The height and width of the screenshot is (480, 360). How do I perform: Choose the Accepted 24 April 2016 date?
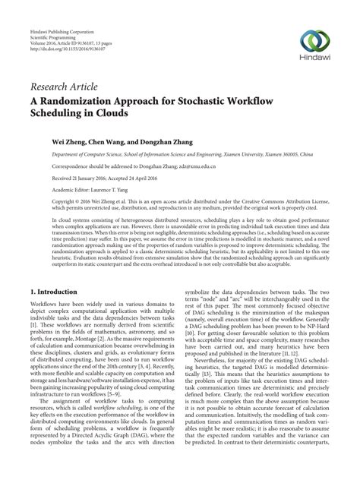[x=155, y=178]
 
